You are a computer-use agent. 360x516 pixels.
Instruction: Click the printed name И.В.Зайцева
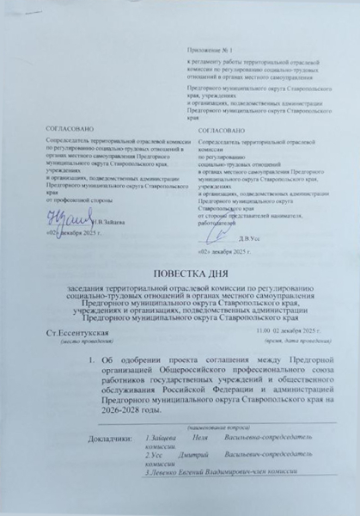click(101, 222)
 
